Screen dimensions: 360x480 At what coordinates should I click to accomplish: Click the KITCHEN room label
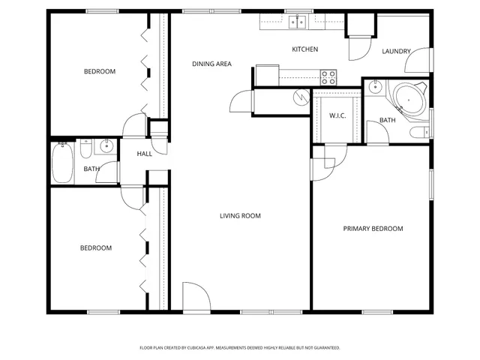tap(304, 49)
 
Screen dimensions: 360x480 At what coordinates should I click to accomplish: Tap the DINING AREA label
tap(211, 64)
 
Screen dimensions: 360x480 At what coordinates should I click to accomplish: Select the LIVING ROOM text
tap(240, 216)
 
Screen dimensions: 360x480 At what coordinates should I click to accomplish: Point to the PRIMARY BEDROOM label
tap(373, 229)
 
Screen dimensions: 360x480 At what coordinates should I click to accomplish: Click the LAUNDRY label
tap(396, 52)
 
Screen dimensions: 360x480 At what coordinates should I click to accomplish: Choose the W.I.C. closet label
tap(337, 115)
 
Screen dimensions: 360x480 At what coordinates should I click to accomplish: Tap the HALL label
tap(145, 154)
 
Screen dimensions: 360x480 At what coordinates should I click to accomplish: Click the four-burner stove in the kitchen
tap(328, 76)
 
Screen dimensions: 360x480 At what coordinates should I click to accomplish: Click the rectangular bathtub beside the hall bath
tap(62, 163)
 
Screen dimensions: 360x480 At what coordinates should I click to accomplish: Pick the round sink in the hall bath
tap(106, 145)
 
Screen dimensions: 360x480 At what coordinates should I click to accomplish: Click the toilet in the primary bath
tap(418, 133)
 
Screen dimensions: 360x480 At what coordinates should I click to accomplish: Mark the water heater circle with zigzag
tap(301, 97)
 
